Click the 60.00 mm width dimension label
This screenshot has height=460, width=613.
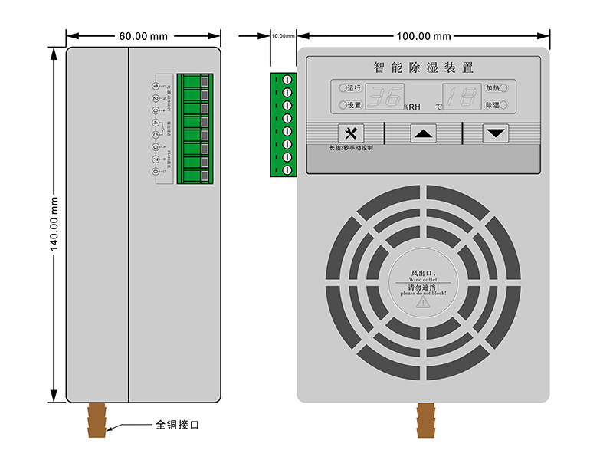(143, 36)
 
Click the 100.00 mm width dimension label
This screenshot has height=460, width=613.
(423, 36)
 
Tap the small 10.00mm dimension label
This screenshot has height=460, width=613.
(283, 36)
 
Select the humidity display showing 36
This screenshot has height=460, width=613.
(385, 96)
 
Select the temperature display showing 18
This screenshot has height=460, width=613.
(462, 96)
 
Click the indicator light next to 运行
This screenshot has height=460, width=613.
(342, 88)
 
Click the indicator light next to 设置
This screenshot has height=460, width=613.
(342, 105)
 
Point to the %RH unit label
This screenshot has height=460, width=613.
(412, 107)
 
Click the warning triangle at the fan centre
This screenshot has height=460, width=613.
(423, 302)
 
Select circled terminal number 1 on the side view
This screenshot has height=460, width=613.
(156, 87)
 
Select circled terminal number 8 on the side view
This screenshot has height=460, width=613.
(156, 171)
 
